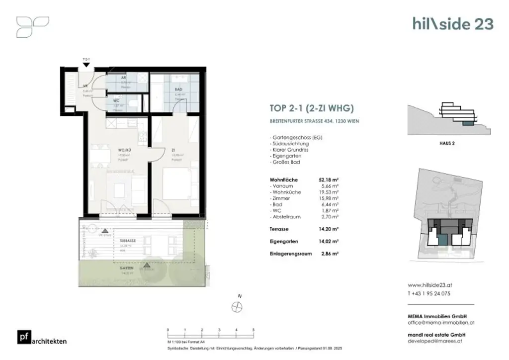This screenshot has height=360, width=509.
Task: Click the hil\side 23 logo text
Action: point(452,23)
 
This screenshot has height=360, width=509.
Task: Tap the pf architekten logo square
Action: point(23,337)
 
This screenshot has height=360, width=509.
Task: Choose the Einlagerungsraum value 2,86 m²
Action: point(330,254)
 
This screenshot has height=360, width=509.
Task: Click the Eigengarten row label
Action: point(284,241)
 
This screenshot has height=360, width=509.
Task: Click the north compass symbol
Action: point(237,307)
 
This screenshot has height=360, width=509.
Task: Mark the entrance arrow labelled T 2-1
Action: point(86,64)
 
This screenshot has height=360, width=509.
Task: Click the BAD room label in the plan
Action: point(178,90)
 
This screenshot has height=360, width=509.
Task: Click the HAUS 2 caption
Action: point(448,143)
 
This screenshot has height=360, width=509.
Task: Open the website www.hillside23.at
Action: point(429,285)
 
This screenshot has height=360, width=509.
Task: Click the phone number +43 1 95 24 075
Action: point(429,293)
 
